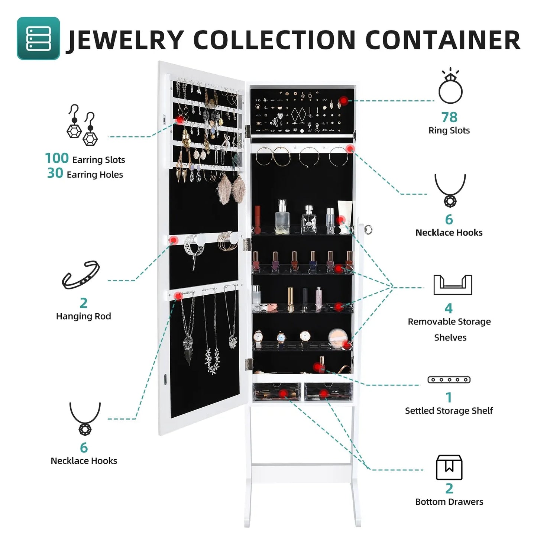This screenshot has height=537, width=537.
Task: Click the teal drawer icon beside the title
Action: coord(38,38)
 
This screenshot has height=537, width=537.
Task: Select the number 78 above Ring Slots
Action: coord(449,117)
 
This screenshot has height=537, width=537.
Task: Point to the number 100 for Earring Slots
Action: coord(57,158)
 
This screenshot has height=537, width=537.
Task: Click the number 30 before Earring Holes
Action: coord(55,173)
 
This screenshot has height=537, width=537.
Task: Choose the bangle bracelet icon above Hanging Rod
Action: coord(81,275)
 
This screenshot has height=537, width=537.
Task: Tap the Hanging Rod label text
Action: coord(83,316)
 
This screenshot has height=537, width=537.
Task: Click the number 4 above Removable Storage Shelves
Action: coord(449,308)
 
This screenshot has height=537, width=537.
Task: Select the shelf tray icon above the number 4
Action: coord(453,285)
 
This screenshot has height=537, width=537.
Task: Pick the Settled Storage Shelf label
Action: coord(449,411)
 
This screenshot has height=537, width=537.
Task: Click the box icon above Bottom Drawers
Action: coord(449,467)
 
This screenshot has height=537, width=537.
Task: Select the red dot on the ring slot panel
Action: coord(344,100)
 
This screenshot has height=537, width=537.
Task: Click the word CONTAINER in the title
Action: coord(443,40)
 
